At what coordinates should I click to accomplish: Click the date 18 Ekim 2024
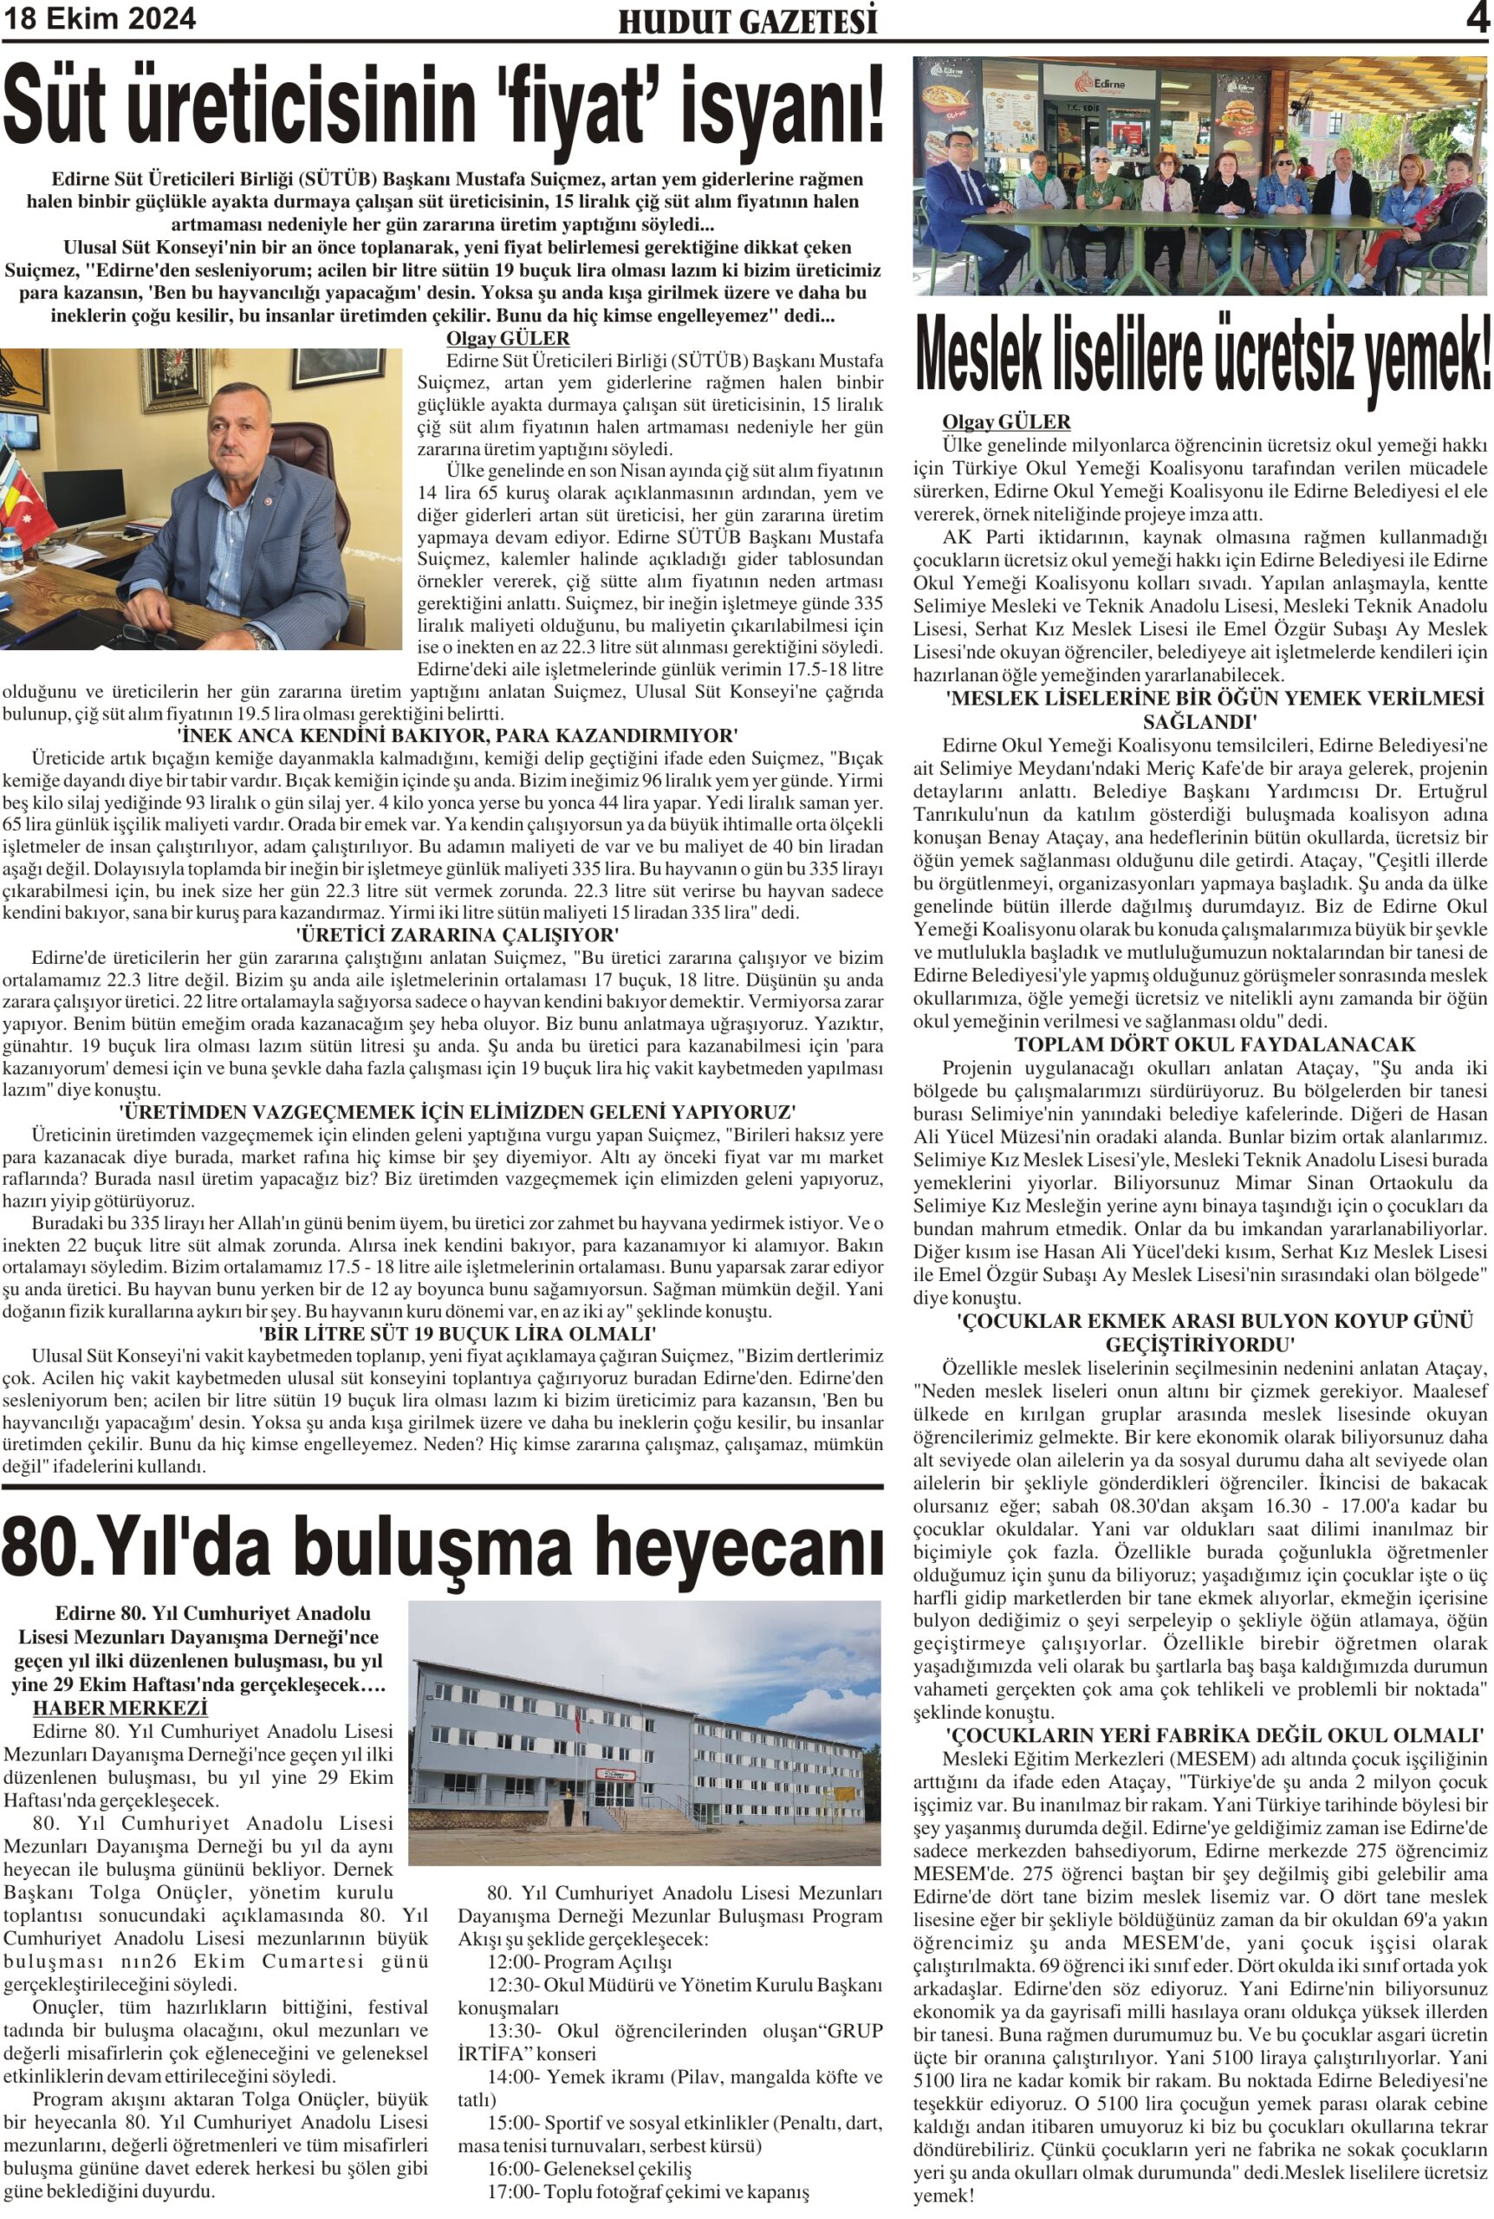click(99, 19)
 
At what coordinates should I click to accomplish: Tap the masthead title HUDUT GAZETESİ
click(747, 21)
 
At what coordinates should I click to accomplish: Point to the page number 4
click(1478, 19)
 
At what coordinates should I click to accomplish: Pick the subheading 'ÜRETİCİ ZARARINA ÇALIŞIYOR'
click(457, 934)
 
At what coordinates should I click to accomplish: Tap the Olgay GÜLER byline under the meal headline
click(1006, 421)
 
